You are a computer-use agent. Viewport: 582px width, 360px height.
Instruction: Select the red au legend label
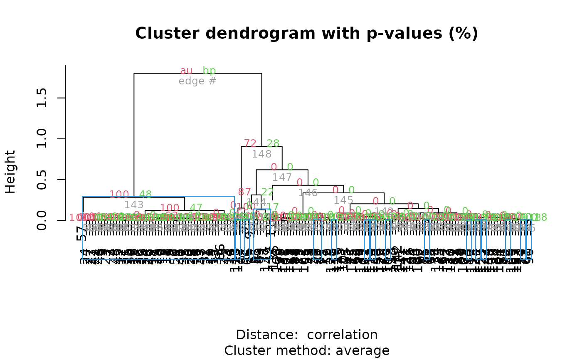coord(186,71)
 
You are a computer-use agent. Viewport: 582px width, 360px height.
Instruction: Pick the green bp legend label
coord(209,71)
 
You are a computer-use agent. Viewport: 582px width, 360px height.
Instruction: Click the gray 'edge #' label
coord(197,81)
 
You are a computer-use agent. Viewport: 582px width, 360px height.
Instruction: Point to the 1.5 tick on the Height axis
coord(42,98)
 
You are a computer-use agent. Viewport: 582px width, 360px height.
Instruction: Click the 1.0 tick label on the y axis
coord(42,138)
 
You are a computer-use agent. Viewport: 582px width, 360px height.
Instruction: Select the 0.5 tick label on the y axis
coord(42,180)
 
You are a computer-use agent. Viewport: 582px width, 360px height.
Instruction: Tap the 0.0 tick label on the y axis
coord(42,220)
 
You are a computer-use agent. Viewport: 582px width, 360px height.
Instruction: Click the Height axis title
coord(10,172)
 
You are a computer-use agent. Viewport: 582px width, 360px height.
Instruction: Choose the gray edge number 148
coord(261,154)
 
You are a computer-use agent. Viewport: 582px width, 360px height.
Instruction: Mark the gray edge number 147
coord(282,178)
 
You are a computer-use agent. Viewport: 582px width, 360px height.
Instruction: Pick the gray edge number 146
coord(308,192)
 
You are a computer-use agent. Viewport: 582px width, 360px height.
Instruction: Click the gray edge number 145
coord(343,200)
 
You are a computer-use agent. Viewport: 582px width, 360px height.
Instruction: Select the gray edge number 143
coord(134,205)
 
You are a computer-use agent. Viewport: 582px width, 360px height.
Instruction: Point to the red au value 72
coord(250,143)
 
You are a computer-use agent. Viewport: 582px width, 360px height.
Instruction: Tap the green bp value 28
coord(273,143)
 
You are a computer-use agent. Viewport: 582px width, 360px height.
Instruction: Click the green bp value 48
coord(145,194)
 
